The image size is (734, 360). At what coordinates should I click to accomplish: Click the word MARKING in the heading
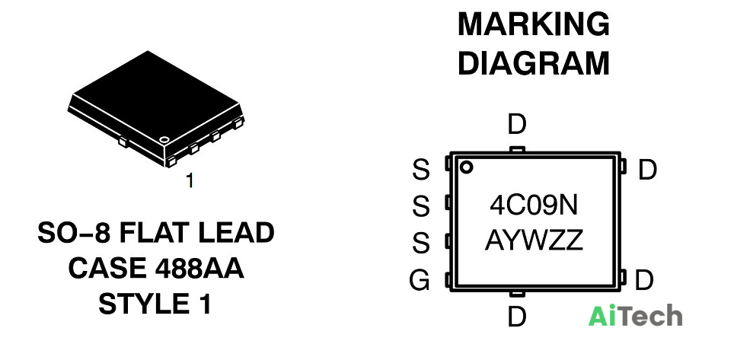(534, 24)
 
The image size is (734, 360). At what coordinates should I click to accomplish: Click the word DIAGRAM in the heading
(534, 63)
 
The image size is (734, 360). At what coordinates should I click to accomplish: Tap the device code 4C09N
(534, 205)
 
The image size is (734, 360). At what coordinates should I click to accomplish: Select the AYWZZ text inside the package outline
(534, 241)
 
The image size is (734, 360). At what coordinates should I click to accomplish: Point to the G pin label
(419, 281)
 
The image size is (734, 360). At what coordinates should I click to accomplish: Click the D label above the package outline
(517, 125)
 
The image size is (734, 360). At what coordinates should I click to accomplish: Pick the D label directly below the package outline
(517, 317)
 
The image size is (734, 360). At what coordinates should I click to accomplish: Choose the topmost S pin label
(420, 170)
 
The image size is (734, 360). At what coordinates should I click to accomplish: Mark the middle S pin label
(420, 206)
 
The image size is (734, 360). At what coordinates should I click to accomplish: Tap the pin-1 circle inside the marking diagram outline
(466, 167)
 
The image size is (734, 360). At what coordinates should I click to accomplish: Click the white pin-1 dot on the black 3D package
(164, 139)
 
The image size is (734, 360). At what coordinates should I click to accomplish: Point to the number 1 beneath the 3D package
(190, 180)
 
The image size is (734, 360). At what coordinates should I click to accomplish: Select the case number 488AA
(199, 268)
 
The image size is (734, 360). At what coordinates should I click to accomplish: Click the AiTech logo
(635, 315)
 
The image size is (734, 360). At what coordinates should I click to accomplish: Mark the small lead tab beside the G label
(448, 280)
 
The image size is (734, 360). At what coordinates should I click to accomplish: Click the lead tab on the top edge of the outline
(517, 150)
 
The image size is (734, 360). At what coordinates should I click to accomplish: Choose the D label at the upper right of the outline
(647, 170)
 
